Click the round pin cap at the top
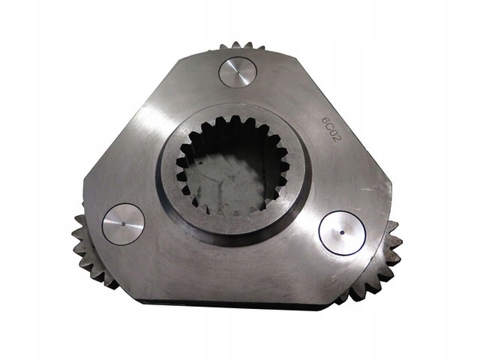[238, 73]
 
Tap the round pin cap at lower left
[123, 224]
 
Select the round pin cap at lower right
[342, 232]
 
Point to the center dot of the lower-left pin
[124, 223]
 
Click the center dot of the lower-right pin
[342, 232]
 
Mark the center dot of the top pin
[238, 72]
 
